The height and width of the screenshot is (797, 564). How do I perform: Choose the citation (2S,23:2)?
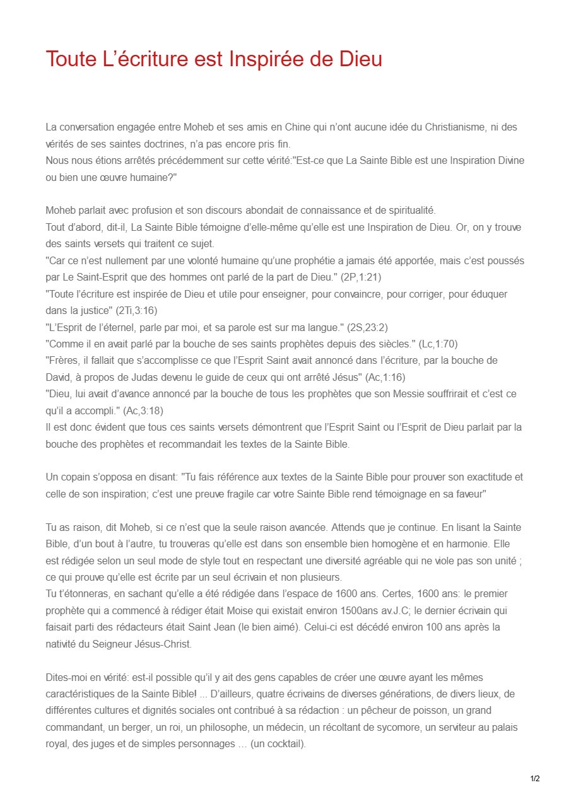click(x=372, y=327)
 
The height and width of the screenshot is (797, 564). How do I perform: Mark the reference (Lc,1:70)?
click(x=438, y=344)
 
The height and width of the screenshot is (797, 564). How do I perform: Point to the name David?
click(x=58, y=377)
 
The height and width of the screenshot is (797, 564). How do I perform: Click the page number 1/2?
click(x=534, y=779)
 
